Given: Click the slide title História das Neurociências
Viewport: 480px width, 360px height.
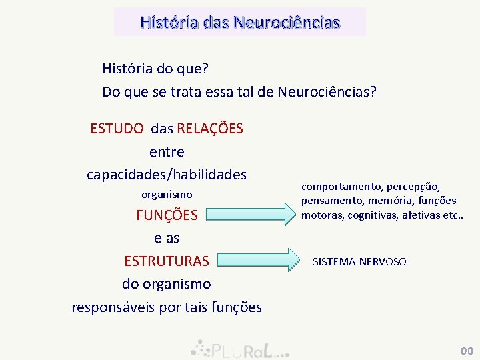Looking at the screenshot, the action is (x=240, y=22).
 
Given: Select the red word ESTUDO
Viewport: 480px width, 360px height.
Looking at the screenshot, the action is (x=117, y=128).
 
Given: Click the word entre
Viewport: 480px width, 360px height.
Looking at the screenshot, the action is (x=167, y=152).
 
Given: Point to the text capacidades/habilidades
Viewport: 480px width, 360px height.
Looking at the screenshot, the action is (x=167, y=175).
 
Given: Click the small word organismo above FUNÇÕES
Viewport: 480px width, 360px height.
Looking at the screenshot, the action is (x=167, y=195).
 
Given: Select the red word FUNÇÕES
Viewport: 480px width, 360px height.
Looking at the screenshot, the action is (x=167, y=215).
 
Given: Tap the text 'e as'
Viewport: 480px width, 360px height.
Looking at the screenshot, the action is (x=167, y=238).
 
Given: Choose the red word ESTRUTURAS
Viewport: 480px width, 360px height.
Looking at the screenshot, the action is (x=167, y=261).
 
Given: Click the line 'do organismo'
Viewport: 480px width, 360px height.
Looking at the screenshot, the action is (x=167, y=284).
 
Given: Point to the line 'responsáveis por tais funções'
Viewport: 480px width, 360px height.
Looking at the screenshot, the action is (x=167, y=307).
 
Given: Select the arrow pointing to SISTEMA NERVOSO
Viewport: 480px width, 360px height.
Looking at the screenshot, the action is (x=257, y=260).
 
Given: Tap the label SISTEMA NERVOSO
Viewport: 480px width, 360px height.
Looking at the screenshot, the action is (x=359, y=262).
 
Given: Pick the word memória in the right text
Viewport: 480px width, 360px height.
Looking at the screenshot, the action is (x=385, y=200).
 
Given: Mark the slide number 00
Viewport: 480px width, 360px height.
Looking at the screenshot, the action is (x=466, y=351).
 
